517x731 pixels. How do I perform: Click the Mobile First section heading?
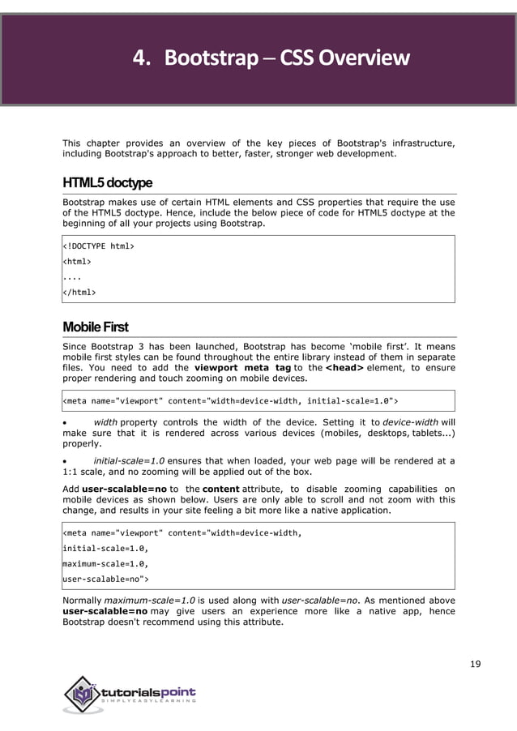pyautogui.click(x=95, y=327)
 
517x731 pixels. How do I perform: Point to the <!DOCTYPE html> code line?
pyautogui.click(x=99, y=246)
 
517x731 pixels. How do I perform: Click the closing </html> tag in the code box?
pyautogui.click(x=79, y=292)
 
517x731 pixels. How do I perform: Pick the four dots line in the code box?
pyautogui.click(x=73, y=276)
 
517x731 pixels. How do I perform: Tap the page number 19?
pyautogui.click(x=475, y=665)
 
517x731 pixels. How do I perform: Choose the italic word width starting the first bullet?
pyautogui.click(x=105, y=421)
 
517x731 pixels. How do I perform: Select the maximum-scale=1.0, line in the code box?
pyautogui.click(x=105, y=563)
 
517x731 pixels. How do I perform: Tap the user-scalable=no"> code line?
pyautogui.click(x=105, y=579)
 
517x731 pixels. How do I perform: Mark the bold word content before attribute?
pyautogui.click(x=220, y=489)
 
